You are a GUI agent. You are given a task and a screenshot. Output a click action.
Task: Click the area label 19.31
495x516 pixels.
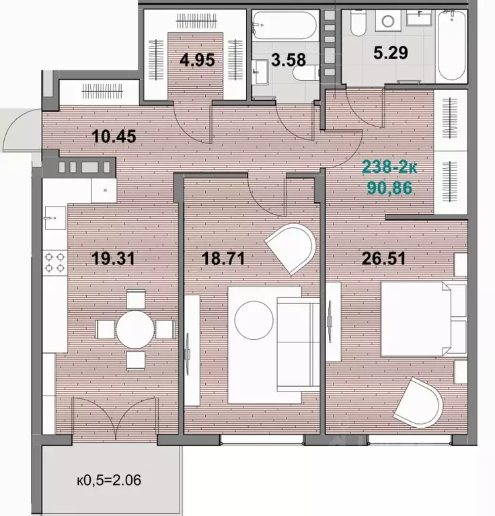pos(114,258)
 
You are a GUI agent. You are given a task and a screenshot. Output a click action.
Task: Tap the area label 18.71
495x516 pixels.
pos(223,258)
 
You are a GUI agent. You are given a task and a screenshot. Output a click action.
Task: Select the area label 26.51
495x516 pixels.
pos(383,258)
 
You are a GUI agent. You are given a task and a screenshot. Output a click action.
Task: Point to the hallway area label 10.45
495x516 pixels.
pos(114,137)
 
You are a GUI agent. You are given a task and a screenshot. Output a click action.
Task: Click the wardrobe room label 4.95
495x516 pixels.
pos(197,60)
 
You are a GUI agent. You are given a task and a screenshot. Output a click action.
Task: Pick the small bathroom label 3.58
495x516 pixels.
pos(289,60)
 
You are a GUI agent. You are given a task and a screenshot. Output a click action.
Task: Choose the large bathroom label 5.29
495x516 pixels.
pos(390,52)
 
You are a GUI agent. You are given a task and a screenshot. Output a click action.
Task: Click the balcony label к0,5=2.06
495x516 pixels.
pos(109,480)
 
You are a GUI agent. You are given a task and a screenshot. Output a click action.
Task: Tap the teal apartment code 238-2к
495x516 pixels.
pos(389,167)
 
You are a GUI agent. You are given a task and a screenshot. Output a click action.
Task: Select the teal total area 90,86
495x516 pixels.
pos(389,188)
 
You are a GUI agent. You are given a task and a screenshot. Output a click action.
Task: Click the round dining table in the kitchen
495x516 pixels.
pos(135,330)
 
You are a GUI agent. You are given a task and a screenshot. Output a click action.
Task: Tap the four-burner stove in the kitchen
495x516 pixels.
pos(55,262)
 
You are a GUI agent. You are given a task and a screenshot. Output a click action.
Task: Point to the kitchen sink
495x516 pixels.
pos(54,218)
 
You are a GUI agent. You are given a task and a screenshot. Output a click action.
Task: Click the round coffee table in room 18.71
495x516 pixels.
pos(254,320)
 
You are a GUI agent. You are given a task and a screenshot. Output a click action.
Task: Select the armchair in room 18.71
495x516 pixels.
pos(291,248)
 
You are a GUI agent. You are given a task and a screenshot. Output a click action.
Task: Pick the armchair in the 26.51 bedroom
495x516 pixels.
pos(418,403)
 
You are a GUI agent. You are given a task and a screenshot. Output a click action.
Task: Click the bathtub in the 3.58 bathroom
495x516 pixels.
pos(285,26)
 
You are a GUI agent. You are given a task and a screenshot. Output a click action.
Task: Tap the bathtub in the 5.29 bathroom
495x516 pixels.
pos(451,45)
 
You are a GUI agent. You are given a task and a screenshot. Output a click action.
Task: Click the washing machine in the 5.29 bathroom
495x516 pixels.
pos(388,21)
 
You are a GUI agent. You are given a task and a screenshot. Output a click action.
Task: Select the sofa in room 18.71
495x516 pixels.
pos(299,344)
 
